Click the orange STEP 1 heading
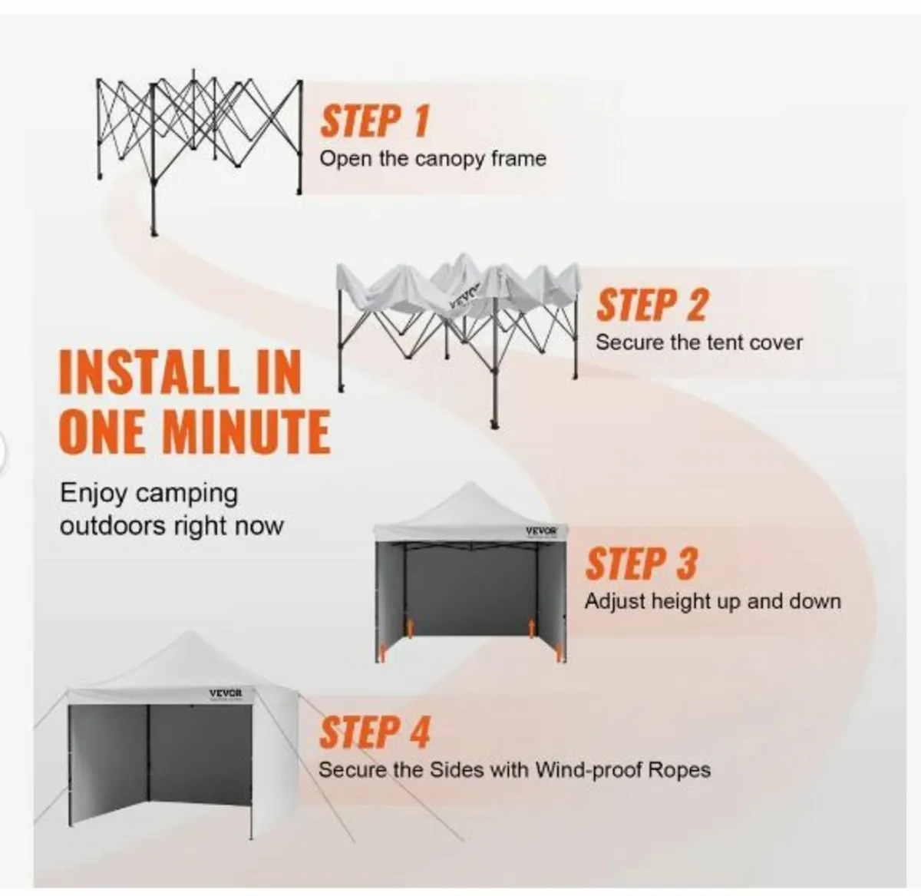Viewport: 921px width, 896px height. pos(374,121)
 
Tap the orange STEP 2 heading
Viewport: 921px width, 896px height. pos(651,305)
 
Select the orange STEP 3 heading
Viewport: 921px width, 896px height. pos(641,564)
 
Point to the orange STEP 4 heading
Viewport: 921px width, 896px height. pos(374,732)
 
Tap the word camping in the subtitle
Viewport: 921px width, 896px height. pos(187,493)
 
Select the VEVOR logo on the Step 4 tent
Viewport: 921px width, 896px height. pos(226,693)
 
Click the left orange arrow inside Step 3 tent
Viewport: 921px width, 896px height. pos(410,627)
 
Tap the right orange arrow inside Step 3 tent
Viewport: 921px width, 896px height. pos(529,627)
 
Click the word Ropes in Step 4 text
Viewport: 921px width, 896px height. pos(680,769)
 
